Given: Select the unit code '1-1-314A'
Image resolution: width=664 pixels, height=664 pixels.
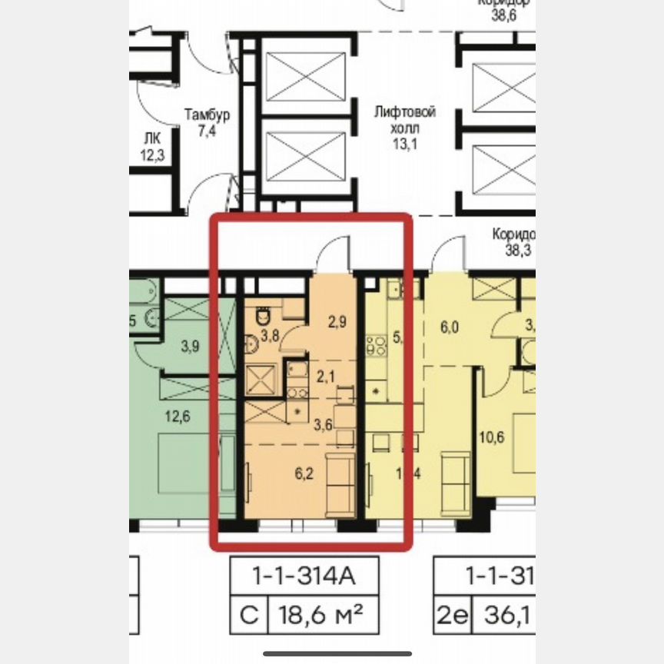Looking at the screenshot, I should [306, 575].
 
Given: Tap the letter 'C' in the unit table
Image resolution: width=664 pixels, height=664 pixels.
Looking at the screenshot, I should [247, 616].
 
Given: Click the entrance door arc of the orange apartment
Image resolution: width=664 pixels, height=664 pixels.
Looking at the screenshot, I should [332, 254].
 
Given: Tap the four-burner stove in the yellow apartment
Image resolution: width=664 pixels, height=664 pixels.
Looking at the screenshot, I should [377, 346].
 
